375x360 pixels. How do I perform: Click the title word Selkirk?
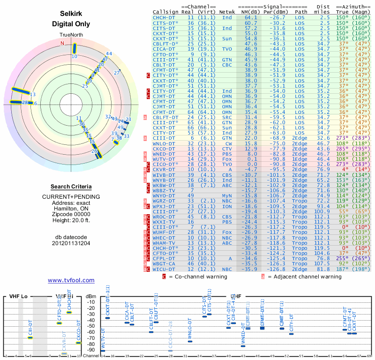point(71,15)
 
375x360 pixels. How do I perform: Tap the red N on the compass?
point(62,43)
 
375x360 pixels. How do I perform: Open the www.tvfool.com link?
point(71,280)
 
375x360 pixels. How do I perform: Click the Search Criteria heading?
point(71,187)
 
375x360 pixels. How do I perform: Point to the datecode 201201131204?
point(71,243)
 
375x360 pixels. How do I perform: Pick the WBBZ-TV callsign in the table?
point(164,190)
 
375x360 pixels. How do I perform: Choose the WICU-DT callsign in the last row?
point(164,270)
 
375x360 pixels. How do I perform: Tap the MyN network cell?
point(227,195)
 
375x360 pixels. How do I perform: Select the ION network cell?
point(227,206)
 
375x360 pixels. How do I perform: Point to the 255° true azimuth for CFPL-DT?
point(342,258)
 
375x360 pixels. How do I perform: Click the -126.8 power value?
point(280,270)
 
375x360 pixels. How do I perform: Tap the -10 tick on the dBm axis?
point(90,302)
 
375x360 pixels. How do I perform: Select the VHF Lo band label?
point(19,297)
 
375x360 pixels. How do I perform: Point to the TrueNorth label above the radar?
point(71,36)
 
